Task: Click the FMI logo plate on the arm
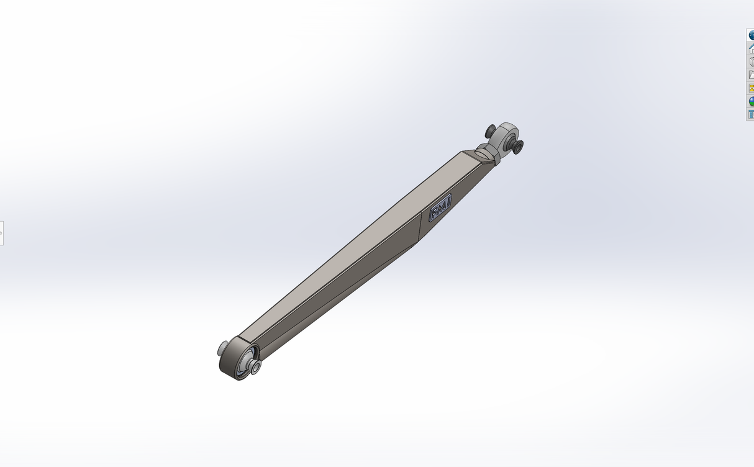click(x=440, y=207)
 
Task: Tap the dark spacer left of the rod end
click(x=491, y=131)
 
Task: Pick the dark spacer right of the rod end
click(x=517, y=147)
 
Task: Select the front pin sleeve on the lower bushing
click(x=255, y=368)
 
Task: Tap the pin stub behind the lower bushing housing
click(x=222, y=348)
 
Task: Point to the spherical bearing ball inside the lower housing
click(x=244, y=363)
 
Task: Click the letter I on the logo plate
click(x=447, y=201)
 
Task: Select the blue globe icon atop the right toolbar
click(x=751, y=35)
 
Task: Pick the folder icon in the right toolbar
click(x=751, y=75)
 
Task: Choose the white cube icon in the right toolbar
click(x=751, y=61)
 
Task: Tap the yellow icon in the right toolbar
click(x=751, y=88)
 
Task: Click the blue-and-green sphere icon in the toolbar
click(x=751, y=101)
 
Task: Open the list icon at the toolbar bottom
click(x=751, y=114)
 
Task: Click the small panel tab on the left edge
click(x=1, y=233)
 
